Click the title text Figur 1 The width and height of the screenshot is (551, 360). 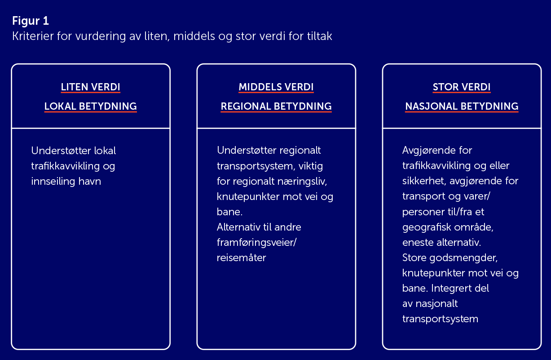pos(31,21)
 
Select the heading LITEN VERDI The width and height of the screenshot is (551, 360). pos(90,87)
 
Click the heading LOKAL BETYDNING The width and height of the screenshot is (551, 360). pos(90,107)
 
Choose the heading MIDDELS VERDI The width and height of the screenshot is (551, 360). pos(276,87)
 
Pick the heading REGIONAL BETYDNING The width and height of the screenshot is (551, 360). pos(276,107)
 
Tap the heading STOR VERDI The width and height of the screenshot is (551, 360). pos(462,87)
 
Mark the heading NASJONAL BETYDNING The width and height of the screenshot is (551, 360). pos(462,107)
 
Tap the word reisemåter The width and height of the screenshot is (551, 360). pos(242,258)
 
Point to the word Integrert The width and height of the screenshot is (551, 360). pos(457,289)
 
